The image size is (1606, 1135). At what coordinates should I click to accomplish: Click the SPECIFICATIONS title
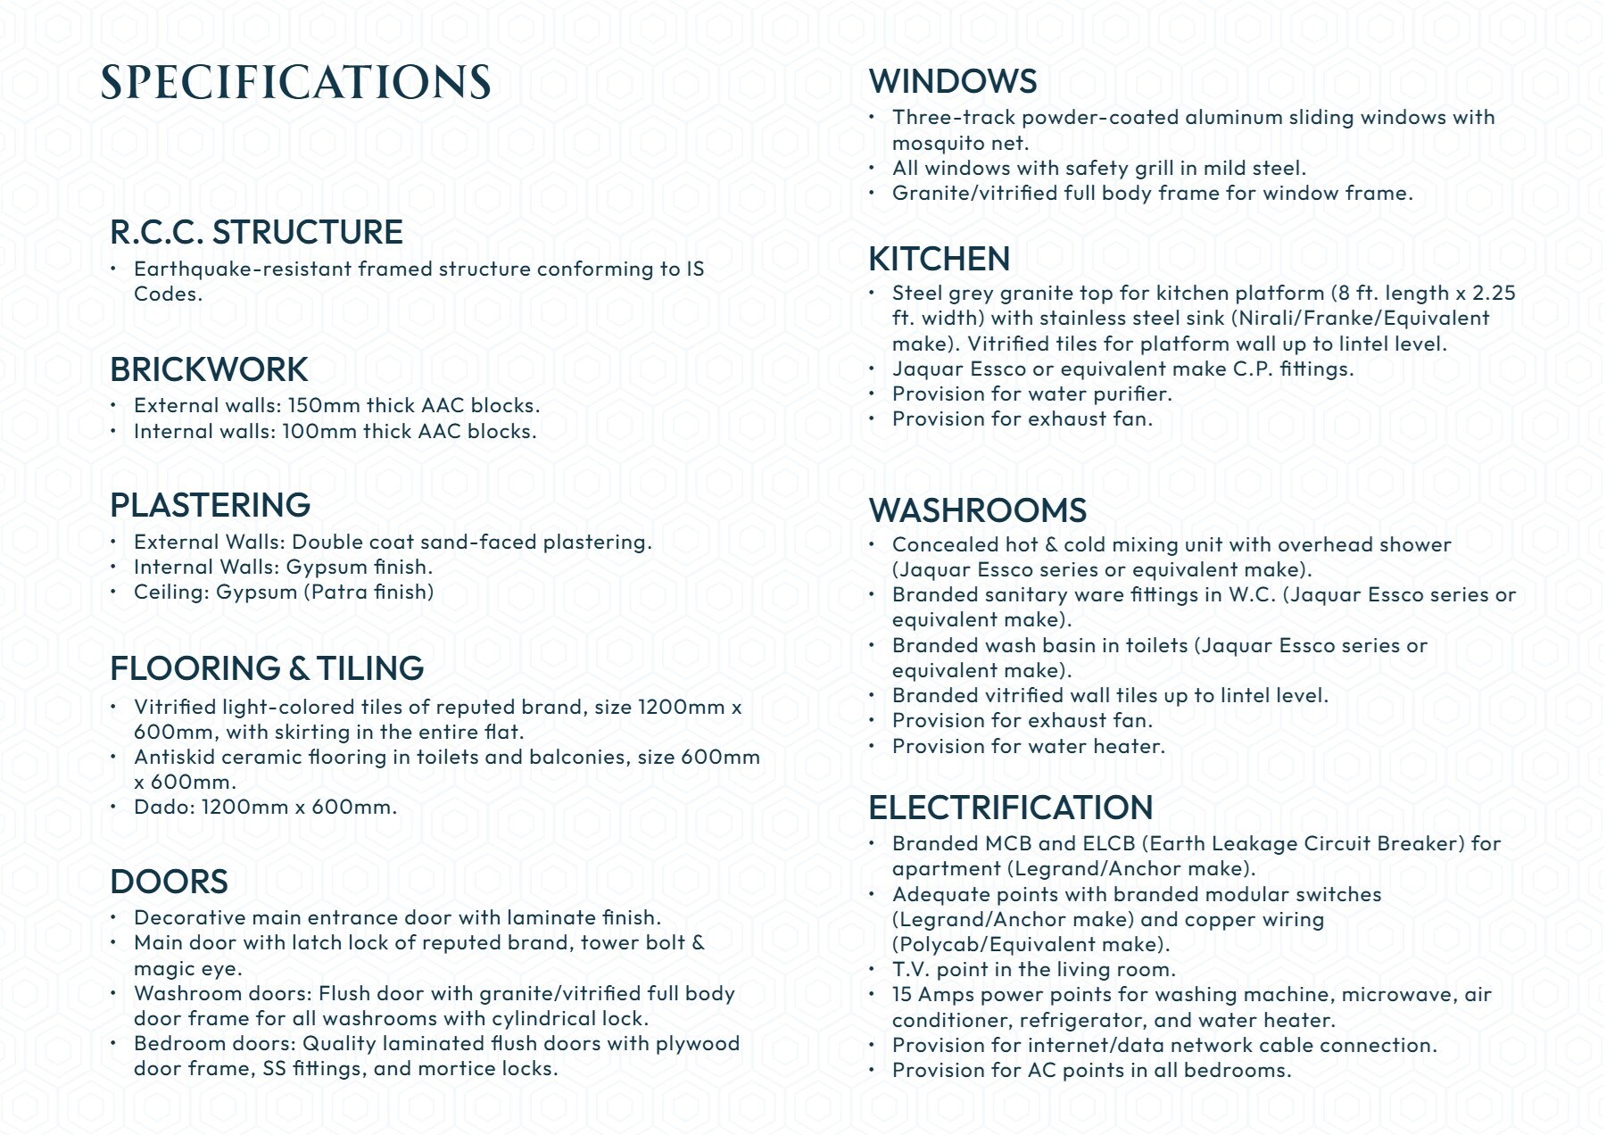tap(295, 82)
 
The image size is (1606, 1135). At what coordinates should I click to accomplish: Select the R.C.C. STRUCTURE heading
tap(256, 232)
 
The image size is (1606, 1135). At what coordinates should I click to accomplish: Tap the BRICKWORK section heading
tap(209, 369)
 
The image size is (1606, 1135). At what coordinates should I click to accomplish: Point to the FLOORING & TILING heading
tap(267, 668)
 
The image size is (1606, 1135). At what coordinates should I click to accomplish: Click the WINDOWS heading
tap(953, 81)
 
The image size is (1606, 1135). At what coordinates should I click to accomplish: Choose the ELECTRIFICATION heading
tap(1011, 808)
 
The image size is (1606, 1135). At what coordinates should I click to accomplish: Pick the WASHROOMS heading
tap(978, 510)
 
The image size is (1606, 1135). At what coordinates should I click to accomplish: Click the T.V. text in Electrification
tap(912, 970)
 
